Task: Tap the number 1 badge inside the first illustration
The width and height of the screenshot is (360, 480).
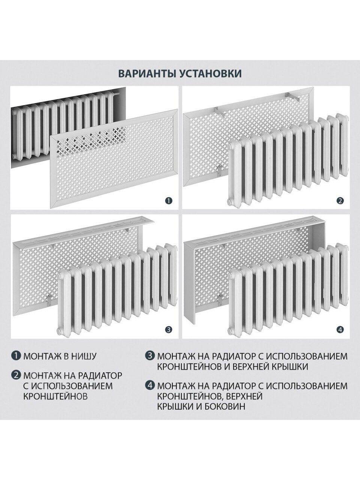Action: pos(169,201)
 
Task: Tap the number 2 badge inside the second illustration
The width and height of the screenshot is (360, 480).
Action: pos(340,201)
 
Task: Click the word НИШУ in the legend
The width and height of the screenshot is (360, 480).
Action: pos(84,356)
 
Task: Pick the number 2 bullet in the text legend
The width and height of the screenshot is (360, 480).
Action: pos(16,375)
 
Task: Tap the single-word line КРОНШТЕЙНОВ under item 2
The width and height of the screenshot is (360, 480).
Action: pos(55,396)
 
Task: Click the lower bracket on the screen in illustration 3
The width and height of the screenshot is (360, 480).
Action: pos(49,300)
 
